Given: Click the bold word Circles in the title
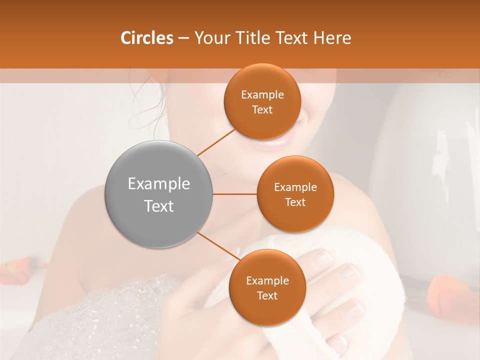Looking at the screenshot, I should [x=147, y=38].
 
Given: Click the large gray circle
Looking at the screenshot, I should [x=159, y=194].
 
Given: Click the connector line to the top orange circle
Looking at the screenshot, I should [x=216, y=142].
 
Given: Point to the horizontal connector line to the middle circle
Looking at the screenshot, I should [x=234, y=194].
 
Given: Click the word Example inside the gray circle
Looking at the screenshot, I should [x=159, y=183].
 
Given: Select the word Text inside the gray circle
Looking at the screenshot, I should [x=159, y=206].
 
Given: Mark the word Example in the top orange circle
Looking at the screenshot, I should [x=262, y=94].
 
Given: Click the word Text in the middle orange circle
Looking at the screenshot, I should [x=295, y=202].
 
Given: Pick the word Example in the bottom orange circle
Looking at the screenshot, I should [x=267, y=280].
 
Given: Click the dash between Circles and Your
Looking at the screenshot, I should [x=183, y=38].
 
